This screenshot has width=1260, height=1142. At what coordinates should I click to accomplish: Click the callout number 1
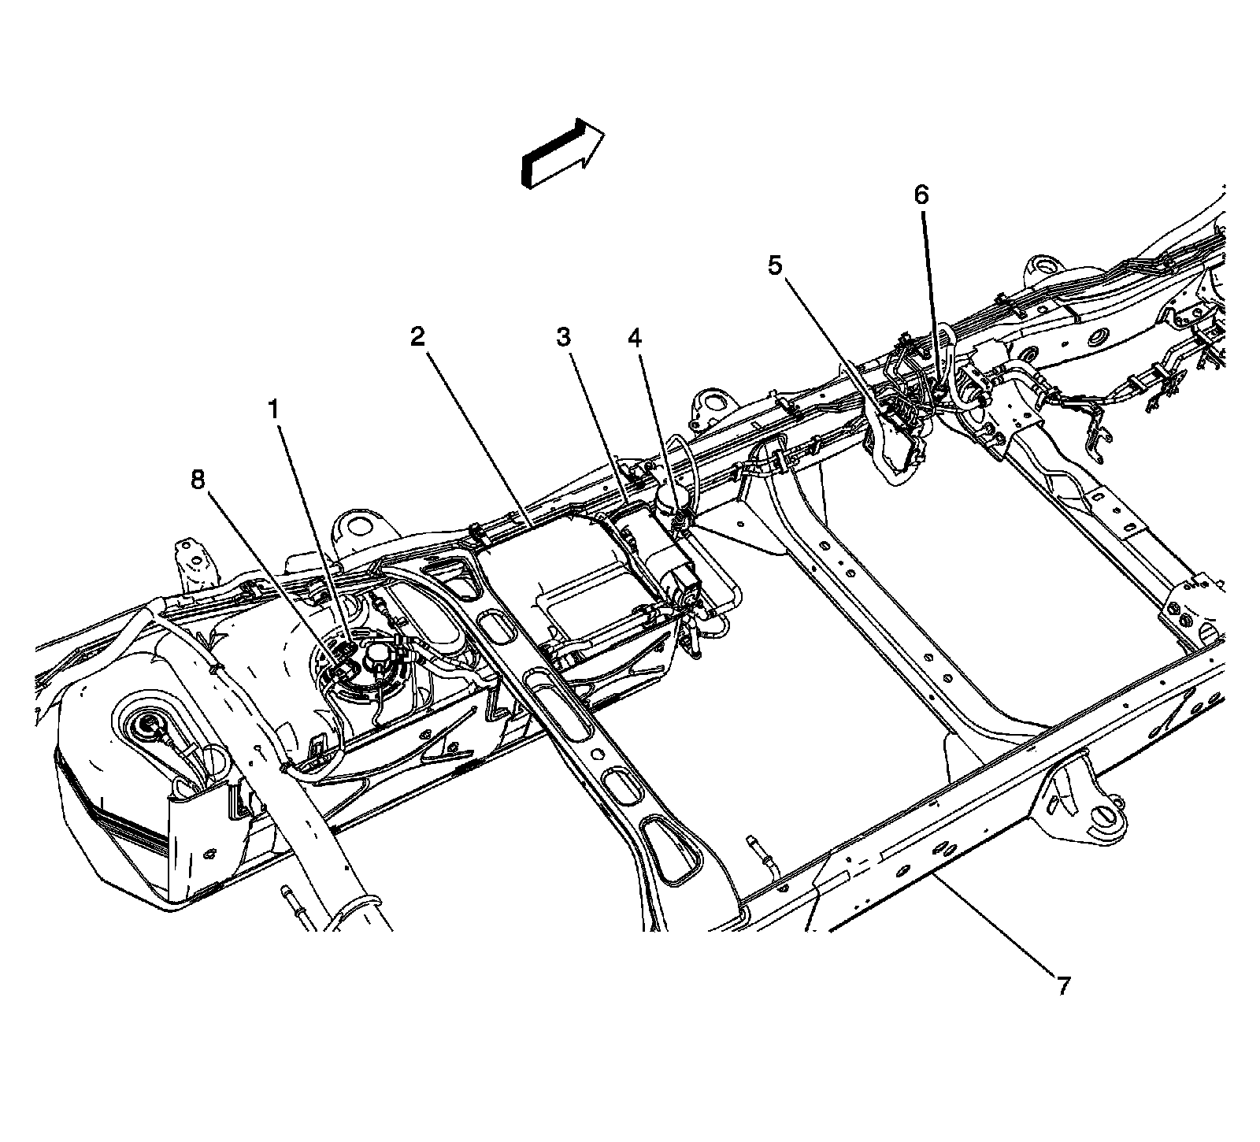click(273, 410)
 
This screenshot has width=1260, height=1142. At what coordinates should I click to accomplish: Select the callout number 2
click(417, 337)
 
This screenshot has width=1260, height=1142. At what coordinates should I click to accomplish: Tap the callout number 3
click(563, 337)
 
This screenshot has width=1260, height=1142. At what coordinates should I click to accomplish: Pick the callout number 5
click(776, 266)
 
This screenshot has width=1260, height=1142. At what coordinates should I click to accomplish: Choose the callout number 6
click(921, 195)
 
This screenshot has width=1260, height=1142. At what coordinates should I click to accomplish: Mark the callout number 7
click(1063, 984)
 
